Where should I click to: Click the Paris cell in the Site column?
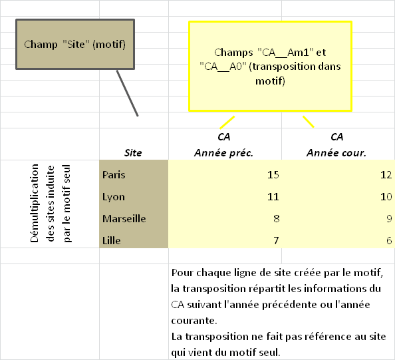[x=114, y=175]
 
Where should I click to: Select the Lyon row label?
[x=113, y=197]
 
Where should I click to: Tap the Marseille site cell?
[x=124, y=218]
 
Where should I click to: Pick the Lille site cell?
[x=111, y=240]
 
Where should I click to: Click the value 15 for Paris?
[x=273, y=175]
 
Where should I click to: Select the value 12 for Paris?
[x=386, y=175]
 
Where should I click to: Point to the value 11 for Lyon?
[x=273, y=197]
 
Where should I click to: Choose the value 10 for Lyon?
[x=386, y=197]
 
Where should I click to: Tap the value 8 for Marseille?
[x=277, y=218]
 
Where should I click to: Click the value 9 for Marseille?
[x=389, y=218]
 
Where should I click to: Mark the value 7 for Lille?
[x=277, y=240]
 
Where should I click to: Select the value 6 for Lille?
[x=389, y=240]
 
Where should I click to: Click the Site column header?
[x=133, y=153]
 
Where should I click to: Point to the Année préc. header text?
[x=223, y=153]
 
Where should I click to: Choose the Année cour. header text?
[x=336, y=153]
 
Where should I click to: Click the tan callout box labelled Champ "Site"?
[x=75, y=44]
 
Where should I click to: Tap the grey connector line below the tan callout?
[x=127, y=93]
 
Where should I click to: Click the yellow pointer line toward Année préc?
[x=227, y=122]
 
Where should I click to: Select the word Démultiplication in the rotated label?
[x=35, y=203]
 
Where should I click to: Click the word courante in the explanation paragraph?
[x=194, y=321]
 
